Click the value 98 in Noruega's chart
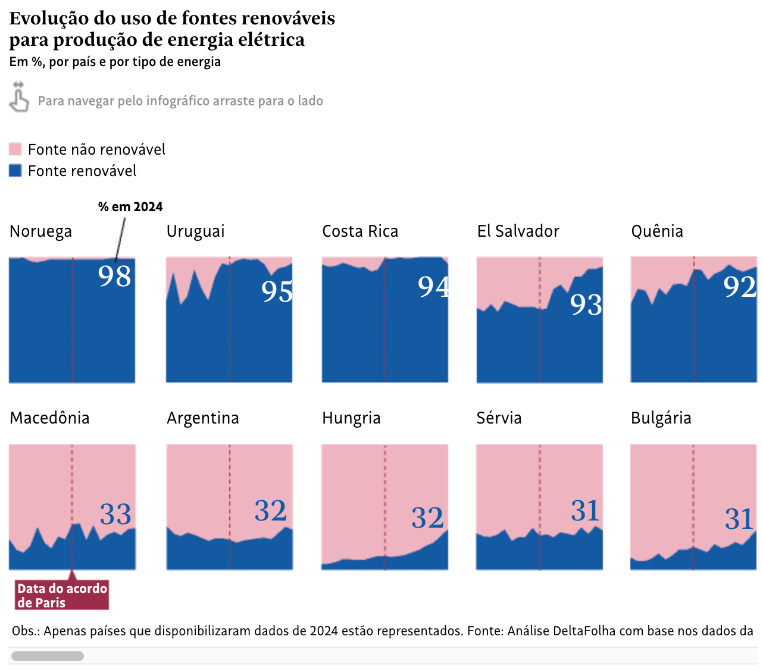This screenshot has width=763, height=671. [114, 276]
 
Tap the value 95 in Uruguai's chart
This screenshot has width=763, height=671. [277, 291]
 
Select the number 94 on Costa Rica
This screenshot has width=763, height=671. [433, 287]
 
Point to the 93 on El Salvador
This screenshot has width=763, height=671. [586, 305]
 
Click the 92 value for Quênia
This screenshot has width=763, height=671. [739, 287]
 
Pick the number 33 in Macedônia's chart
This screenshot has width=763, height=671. [115, 515]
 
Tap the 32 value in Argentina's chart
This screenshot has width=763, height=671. [270, 511]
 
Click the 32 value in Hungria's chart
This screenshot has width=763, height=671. [427, 518]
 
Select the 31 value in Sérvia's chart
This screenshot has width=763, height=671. [584, 511]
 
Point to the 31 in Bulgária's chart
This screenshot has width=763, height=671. [739, 519]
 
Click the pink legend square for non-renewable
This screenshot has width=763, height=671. [15, 149]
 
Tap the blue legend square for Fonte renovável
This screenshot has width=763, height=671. [15, 171]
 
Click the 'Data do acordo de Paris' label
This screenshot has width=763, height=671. [62, 595]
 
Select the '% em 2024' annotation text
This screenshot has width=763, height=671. [130, 207]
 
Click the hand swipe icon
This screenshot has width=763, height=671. [18, 98]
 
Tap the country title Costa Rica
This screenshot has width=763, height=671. [359, 231]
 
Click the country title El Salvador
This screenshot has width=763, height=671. [518, 231]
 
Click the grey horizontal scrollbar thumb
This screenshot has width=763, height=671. [48, 656]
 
